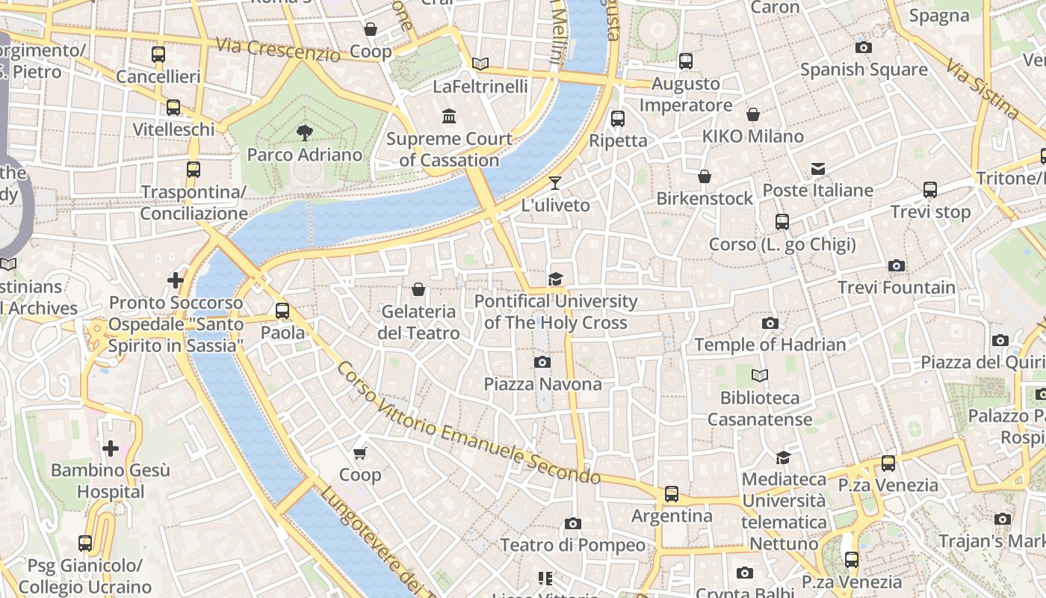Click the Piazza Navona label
pyautogui.click(x=542, y=384)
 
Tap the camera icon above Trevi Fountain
pyautogui.click(x=897, y=265)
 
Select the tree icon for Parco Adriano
pyautogui.click(x=304, y=133)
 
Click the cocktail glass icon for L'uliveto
pyautogui.click(x=555, y=182)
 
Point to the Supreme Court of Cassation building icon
pyautogui.click(x=449, y=117)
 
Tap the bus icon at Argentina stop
pyautogui.click(x=672, y=494)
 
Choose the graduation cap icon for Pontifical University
pyautogui.click(x=555, y=280)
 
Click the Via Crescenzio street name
pyautogui.click(x=278, y=49)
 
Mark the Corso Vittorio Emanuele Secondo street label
pyautogui.click(x=468, y=424)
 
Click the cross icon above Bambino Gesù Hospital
pyautogui.click(x=111, y=449)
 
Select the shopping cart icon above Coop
pyautogui.click(x=359, y=453)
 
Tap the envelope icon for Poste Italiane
pyautogui.click(x=818, y=169)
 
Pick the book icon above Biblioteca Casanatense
pyautogui.click(x=760, y=376)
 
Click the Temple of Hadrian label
pyautogui.click(x=770, y=345)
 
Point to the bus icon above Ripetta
pyautogui.click(x=618, y=118)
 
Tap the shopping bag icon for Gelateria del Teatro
pyautogui.click(x=418, y=289)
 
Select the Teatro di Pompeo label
pyautogui.click(x=572, y=545)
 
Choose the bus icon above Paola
pyautogui.click(x=282, y=310)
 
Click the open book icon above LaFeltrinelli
pyautogui.click(x=480, y=64)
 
